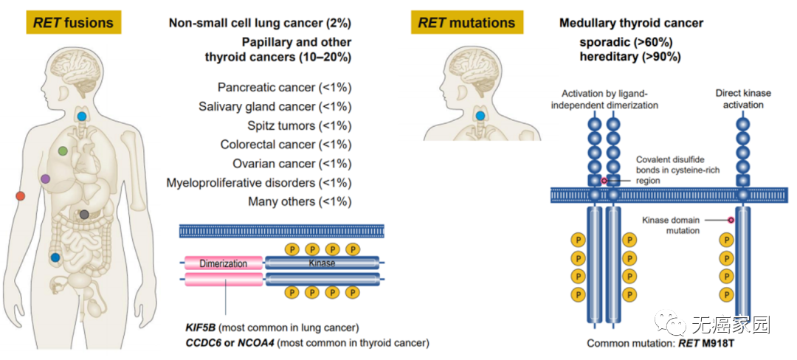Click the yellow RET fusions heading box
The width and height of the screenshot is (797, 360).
pos(74,22)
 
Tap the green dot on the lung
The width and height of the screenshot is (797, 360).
pos(63,150)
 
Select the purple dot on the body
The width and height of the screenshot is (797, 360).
pos(46,179)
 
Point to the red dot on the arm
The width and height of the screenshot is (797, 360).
pos(21,195)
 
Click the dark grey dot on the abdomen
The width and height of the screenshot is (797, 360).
pos(84,214)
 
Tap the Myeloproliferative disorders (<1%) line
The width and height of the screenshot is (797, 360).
pos(259,182)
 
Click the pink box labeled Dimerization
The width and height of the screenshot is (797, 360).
pos(224,263)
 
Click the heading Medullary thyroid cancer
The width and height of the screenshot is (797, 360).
pos(631,23)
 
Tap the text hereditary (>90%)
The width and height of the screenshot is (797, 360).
pos(630,56)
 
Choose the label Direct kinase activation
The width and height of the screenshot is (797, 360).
pos(743,99)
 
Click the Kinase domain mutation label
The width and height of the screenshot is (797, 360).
pos(671,225)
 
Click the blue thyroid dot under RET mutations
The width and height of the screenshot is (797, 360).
pos(480,116)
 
